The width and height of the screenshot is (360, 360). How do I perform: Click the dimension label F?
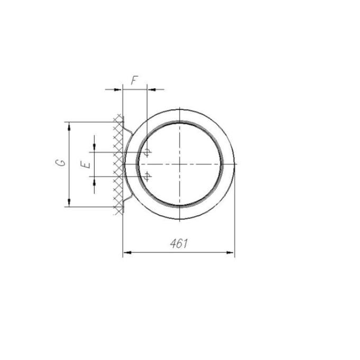[x=135, y=80]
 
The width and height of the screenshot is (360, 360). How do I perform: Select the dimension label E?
[x=86, y=164]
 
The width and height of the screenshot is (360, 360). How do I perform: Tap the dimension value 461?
[x=179, y=244]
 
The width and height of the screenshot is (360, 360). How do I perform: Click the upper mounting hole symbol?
[x=147, y=152]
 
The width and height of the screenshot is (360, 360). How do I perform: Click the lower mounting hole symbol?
[x=147, y=176]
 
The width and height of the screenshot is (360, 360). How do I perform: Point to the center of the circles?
[x=180, y=164]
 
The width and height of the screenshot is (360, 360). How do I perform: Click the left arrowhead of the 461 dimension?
[x=127, y=253]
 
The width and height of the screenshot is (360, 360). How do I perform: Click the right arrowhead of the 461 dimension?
[x=230, y=253]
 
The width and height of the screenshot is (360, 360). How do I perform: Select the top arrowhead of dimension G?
[x=69, y=126]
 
